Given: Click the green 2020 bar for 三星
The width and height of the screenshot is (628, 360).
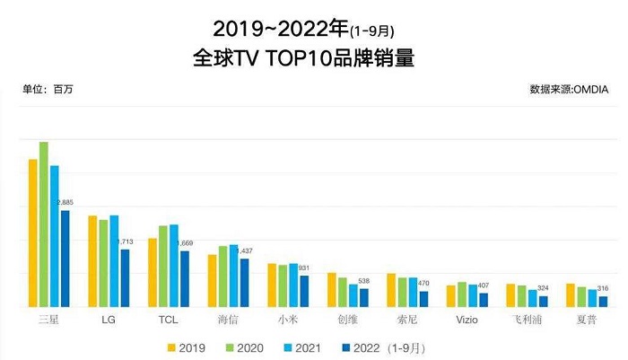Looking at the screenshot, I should tap(43, 225).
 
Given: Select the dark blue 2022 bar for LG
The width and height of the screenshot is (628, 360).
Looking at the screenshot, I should tap(126, 278).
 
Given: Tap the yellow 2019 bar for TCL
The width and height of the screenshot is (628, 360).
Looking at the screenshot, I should tap(153, 273).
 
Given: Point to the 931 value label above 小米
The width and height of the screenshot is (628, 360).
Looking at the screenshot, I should tap(303, 268).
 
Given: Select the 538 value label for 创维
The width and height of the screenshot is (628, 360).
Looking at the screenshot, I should tap(364, 281).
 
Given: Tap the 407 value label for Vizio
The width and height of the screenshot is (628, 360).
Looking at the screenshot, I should tap(484, 285).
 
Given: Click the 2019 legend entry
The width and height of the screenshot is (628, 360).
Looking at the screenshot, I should tap(187, 347).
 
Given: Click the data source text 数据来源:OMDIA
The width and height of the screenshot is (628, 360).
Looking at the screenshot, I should tap(571, 90).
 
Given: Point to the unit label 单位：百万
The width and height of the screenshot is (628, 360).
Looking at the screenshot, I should tap(48, 90).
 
